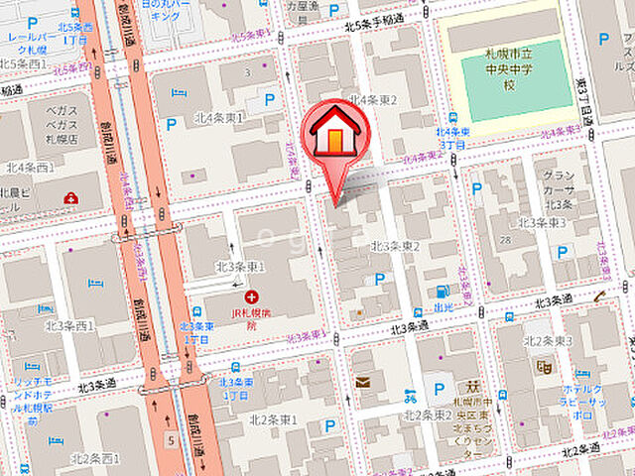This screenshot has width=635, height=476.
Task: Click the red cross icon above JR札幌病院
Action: click(x=252, y=297)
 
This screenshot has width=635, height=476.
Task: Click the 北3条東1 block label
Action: click(x=240, y=267)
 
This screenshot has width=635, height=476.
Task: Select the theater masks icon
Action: click(x=543, y=366)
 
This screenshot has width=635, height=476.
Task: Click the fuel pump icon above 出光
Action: click(x=442, y=293)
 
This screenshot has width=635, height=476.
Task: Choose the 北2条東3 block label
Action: click(x=544, y=341)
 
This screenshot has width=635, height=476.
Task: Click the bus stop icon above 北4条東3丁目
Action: click(x=452, y=117)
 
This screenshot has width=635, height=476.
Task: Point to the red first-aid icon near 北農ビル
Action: click(x=72, y=198)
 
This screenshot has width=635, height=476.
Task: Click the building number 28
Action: click(x=506, y=238)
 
